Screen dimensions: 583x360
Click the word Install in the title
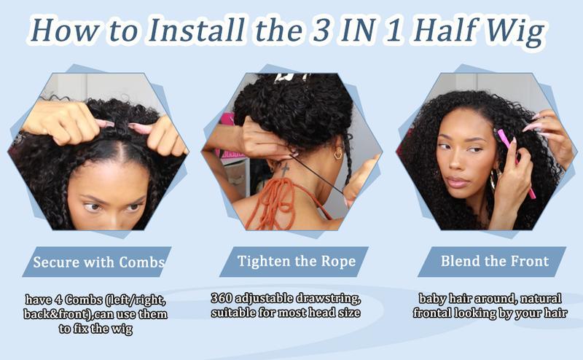196,29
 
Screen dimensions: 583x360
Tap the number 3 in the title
321,30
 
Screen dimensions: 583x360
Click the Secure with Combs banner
97,262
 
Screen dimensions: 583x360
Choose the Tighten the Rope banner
294,262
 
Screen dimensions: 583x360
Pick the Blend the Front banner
492,262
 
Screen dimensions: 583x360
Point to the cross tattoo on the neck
285,170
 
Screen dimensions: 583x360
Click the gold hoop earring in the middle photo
338,153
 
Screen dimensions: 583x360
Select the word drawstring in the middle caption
327,298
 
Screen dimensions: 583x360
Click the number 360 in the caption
222,298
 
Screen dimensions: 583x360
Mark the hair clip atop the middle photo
291,78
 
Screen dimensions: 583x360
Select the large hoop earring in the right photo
495,180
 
